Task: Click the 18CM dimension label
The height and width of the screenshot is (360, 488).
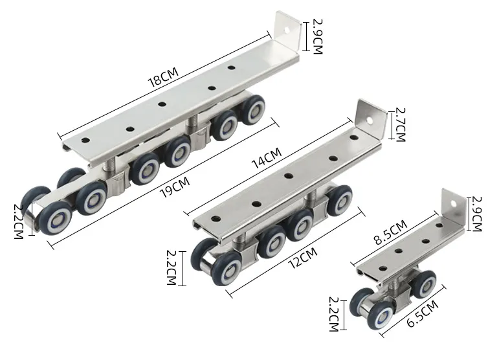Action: pos(163,77)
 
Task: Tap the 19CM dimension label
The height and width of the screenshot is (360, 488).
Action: pos(175,187)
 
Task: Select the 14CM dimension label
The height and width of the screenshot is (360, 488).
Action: pos(267,158)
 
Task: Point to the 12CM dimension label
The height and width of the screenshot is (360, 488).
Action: pos(303,258)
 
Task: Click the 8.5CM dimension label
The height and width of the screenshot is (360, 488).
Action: pos(390,232)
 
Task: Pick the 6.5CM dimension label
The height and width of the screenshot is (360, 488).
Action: pos(423,313)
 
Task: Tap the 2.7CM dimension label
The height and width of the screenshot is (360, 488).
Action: pos(401,124)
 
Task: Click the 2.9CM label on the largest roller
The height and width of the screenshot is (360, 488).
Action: pos(317,36)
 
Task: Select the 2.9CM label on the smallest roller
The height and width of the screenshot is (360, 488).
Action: pos(476,214)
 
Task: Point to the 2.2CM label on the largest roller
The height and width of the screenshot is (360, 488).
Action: pos(19,221)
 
